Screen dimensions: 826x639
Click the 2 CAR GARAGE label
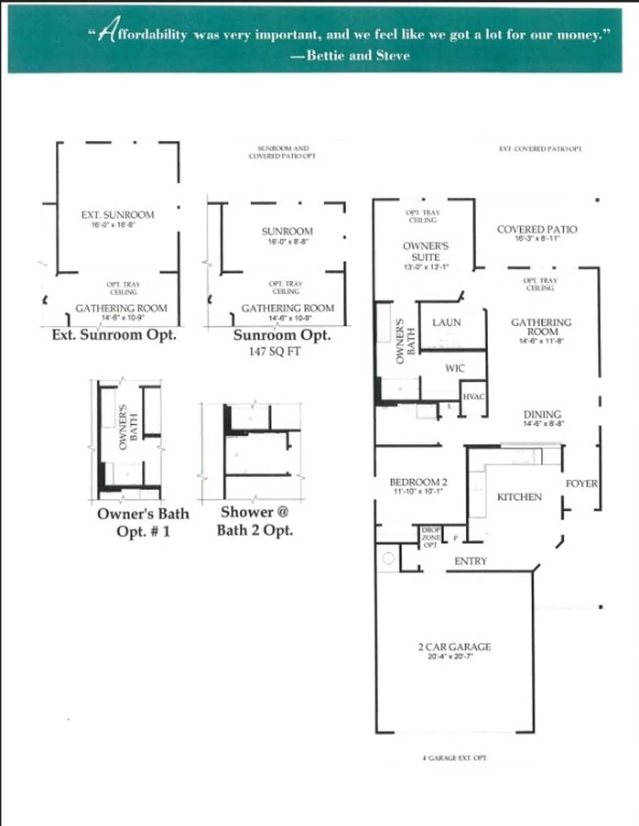[x=454, y=647]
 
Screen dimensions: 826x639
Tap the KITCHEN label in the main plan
[x=519, y=497]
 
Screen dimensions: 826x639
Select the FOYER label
[x=581, y=483]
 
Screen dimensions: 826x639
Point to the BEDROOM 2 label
[x=418, y=482]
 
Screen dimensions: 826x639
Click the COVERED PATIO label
[x=537, y=229]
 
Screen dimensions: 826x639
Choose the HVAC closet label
[x=473, y=396]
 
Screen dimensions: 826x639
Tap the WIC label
[x=454, y=368]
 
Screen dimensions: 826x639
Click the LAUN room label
[x=446, y=322]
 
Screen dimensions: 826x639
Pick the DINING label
[x=542, y=414]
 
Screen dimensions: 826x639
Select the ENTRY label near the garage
[x=470, y=561]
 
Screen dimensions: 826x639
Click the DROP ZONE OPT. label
[x=431, y=537]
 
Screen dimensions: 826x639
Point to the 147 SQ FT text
[x=274, y=351]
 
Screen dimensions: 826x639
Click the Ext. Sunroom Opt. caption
[x=114, y=335]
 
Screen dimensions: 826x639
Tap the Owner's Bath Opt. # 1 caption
[x=143, y=522]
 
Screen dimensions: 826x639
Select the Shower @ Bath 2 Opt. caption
[x=254, y=520]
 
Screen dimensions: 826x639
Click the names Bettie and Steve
[x=358, y=55]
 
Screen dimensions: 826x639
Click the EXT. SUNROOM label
[x=117, y=215]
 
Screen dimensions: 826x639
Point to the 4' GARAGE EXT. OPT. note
[x=454, y=758]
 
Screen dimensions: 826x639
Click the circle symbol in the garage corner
[x=388, y=558]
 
